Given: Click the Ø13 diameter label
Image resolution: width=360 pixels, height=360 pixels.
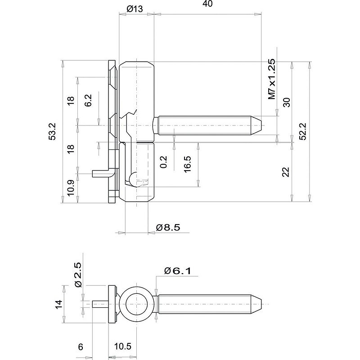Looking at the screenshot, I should [x=135, y=9].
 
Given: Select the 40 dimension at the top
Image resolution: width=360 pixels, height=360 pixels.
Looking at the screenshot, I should [x=207, y=4].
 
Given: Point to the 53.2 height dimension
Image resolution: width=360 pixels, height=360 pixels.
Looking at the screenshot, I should [x=53, y=132].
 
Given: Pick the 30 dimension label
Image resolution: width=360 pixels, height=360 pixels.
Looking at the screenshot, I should [x=286, y=102].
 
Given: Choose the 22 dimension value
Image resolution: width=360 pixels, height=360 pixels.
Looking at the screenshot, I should [x=286, y=171].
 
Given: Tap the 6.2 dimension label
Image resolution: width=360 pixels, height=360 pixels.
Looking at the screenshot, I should [x=88, y=100].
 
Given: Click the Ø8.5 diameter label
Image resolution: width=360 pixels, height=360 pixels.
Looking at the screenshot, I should [x=168, y=228].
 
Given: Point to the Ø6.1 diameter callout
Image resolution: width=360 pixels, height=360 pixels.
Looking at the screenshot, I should [x=178, y=271].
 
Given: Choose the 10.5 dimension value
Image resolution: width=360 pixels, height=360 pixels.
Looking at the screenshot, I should [x=122, y=346].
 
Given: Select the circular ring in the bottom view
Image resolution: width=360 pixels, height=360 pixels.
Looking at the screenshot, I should [x=136, y=304].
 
